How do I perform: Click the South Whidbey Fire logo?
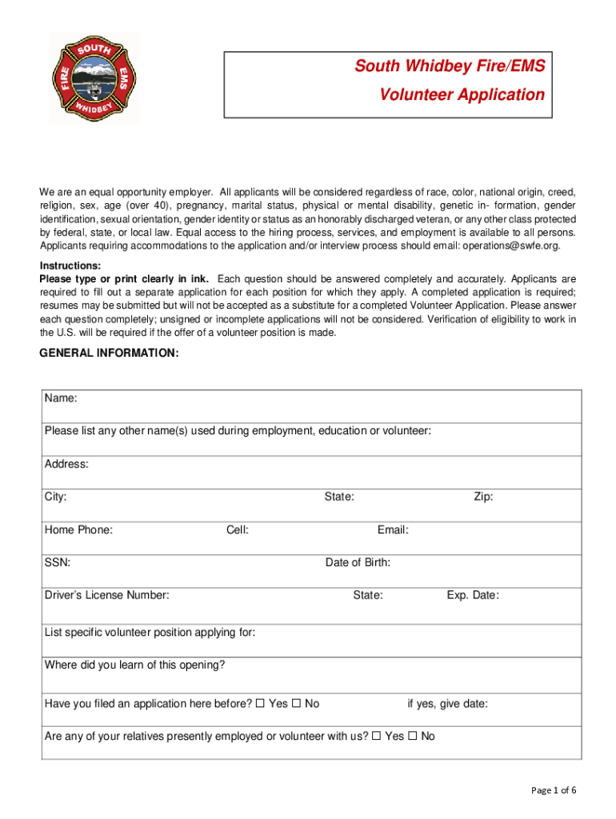point(94,78)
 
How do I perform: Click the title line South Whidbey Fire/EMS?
point(450,66)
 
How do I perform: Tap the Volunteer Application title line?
point(462,94)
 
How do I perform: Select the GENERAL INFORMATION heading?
point(110,353)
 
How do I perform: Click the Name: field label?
point(61,398)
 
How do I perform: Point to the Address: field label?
point(66,464)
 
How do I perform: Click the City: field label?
point(56,497)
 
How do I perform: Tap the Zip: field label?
point(483,497)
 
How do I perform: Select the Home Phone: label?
point(78,529)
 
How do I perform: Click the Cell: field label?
point(238,529)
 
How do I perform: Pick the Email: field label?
point(393,529)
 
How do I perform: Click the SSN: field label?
point(58,562)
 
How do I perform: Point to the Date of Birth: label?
point(358,562)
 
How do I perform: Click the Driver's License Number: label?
point(106,595)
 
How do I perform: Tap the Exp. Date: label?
point(473,595)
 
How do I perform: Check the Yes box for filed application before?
point(260,704)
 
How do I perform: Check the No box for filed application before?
point(296,704)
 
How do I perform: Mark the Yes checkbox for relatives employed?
point(376,736)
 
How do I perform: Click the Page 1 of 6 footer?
point(554,790)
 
